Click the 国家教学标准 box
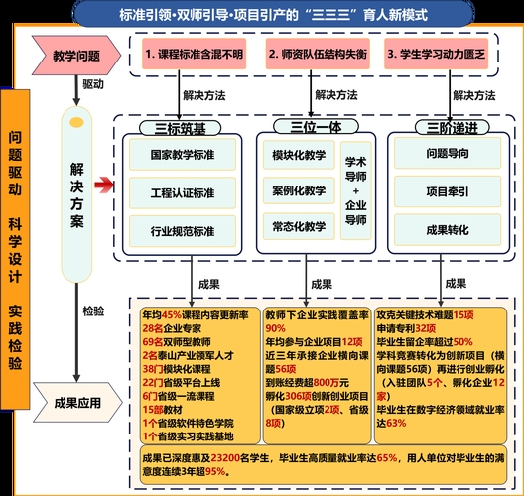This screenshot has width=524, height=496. tap(183, 156)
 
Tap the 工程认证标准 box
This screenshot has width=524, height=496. tap(183, 191)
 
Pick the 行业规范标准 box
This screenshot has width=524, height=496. tap(183, 230)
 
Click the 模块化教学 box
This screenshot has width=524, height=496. tap(298, 156)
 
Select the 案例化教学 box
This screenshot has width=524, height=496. tap(298, 190)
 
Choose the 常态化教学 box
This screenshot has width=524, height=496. tap(298, 227)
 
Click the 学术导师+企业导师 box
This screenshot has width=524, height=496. tap(356, 190)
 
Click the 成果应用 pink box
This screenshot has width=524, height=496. tap(77, 403)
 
